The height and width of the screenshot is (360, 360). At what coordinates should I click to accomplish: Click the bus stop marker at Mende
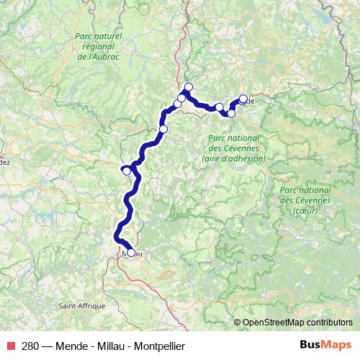[243, 99]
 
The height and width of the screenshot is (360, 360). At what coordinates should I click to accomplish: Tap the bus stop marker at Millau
[130, 252]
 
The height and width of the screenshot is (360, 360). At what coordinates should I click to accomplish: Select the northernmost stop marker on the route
[189, 87]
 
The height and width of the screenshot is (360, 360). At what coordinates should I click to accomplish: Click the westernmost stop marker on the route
[126, 171]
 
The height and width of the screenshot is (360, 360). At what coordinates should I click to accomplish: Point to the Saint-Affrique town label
[82, 306]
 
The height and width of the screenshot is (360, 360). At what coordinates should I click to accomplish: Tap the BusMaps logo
[324, 346]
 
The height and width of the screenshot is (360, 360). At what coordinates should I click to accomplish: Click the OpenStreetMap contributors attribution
[297, 323]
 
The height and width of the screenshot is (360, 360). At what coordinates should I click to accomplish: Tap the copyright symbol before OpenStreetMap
[238, 323]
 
